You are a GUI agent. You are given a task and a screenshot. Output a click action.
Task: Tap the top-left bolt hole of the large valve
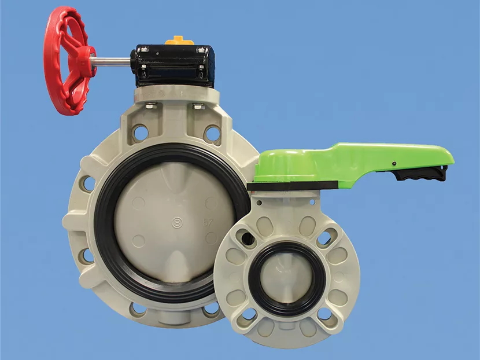pos(141,133)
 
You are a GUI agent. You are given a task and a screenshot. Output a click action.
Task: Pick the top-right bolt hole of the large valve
pos(212,134)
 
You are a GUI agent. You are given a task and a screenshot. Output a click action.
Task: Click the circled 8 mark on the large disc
pos(178,221)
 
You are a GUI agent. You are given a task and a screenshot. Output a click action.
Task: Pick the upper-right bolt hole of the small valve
pos(326,237)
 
